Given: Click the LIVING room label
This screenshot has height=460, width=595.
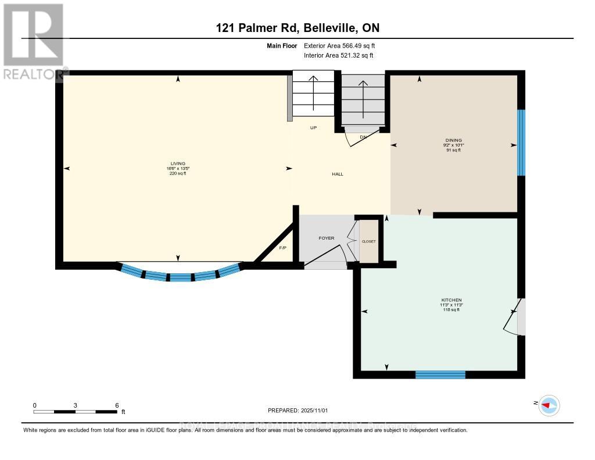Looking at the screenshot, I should click(178, 163).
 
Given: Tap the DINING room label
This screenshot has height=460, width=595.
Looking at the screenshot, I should click(454, 140).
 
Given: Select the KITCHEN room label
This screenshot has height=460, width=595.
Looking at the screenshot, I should click(451, 300).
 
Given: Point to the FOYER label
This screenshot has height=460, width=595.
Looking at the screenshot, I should click(327, 238).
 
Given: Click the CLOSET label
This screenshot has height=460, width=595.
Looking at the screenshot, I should click(369, 241).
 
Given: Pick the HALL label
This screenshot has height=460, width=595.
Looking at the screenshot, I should click(338, 174).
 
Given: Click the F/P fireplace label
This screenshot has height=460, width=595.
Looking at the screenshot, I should click(284, 248).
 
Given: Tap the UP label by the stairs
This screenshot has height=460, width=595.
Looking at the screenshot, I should click(313, 128).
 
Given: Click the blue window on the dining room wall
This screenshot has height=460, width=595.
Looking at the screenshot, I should click(521, 142).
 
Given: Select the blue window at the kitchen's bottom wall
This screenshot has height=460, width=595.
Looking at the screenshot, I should click(440, 375).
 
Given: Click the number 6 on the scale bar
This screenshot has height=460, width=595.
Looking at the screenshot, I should click(117, 405).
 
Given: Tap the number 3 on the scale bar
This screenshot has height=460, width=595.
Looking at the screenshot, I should click(76, 405).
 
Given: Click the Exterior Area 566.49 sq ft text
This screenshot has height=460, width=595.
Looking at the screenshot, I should click(343, 45).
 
